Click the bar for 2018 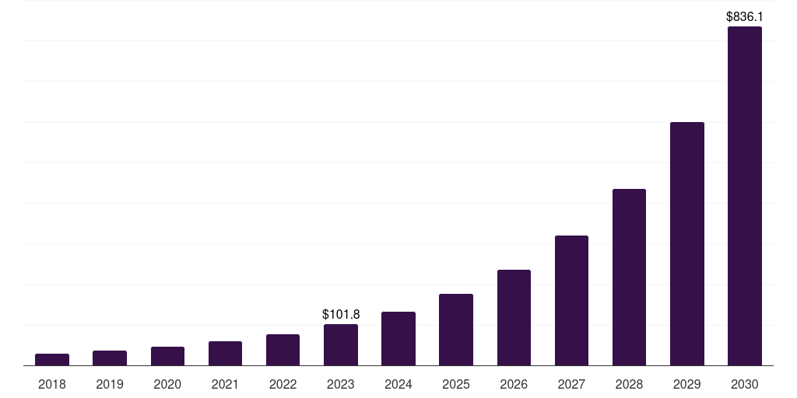click(x=52, y=359)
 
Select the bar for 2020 click(x=167, y=356)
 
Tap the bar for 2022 click(x=283, y=350)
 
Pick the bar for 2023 click(x=341, y=344)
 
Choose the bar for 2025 click(x=456, y=330)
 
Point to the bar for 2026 click(x=514, y=317)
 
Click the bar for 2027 click(x=571, y=300)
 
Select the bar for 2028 click(x=629, y=277)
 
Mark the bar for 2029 click(x=687, y=243)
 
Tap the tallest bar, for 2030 click(x=745, y=196)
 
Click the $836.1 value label click(x=745, y=16)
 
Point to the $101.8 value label click(x=341, y=314)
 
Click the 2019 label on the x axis click(x=110, y=384)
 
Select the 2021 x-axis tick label click(x=225, y=384)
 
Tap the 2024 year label click(x=398, y=384)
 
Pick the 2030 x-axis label click(x=745, y=384)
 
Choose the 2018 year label click(x=52, y=384)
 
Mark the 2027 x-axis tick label click(x=571, y=384)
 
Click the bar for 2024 click(x=398, y=338)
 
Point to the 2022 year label click(x=283, y=384)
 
